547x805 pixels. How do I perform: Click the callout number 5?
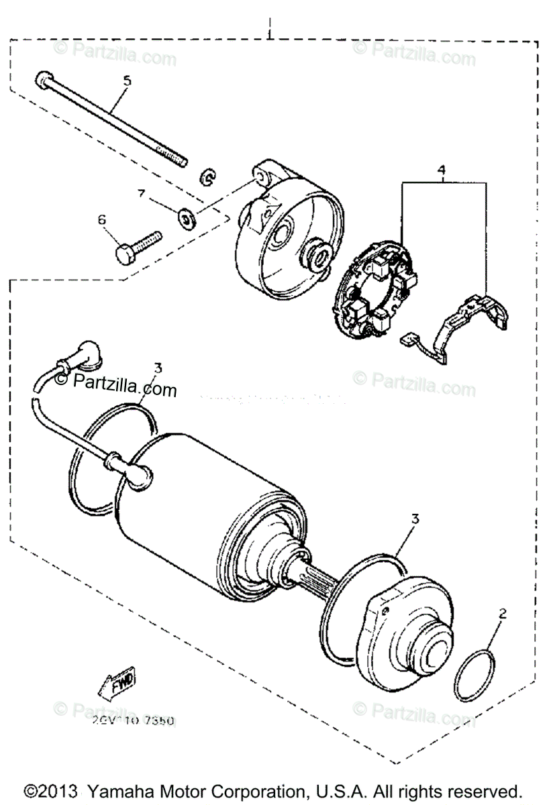(127, 80)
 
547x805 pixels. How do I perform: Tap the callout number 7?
(142, 194)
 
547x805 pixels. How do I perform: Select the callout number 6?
(103, 219)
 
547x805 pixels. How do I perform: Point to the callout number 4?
(442, 170)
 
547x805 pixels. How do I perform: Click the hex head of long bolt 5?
(42, 80)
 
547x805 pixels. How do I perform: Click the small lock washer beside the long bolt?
(207, 178)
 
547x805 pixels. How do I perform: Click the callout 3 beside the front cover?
(415, 519)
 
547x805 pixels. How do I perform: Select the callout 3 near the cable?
(158, 368)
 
